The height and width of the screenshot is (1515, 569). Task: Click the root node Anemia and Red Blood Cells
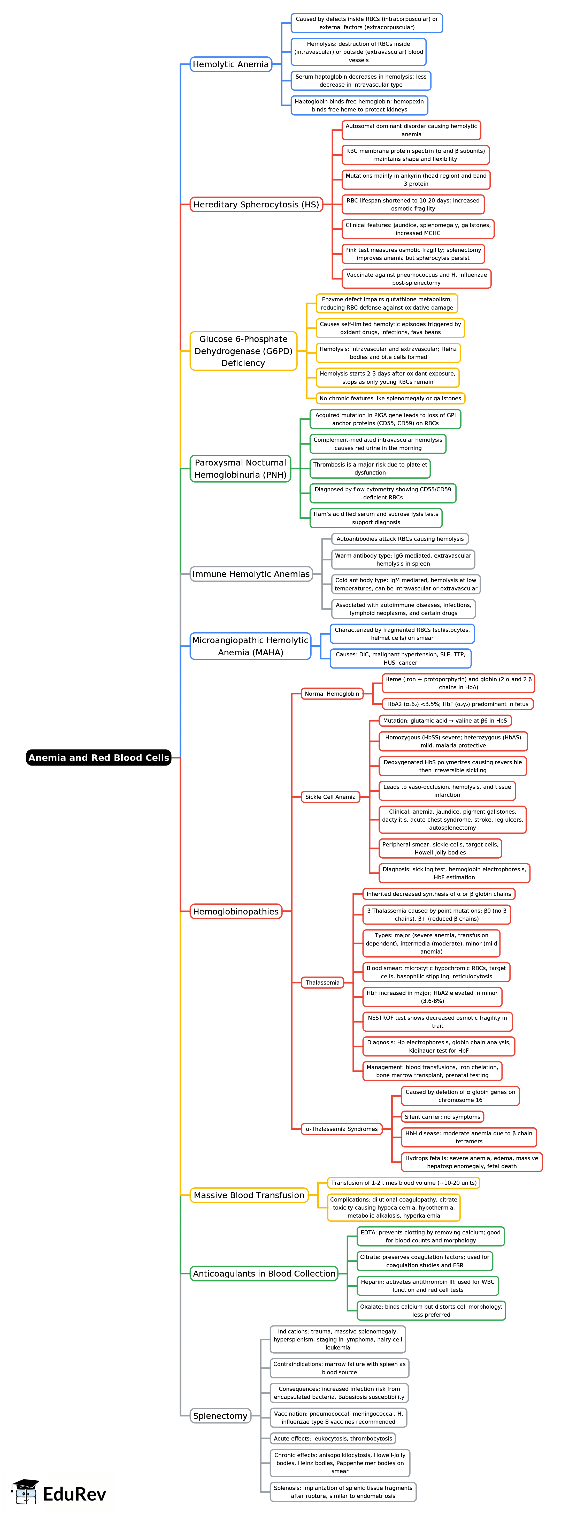tap(99, 757)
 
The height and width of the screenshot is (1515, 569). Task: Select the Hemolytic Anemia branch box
tap(230, 64)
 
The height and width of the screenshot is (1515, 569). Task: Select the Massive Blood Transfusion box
tap(249, 1195)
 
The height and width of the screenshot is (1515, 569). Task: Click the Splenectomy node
tap(220, 1416)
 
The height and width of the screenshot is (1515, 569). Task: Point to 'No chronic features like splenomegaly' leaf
tap(390, 398)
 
